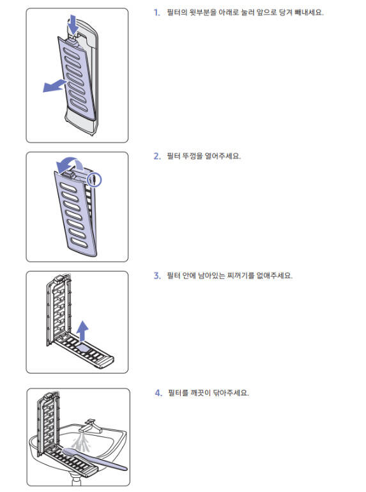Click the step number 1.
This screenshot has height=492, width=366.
pyautogui.click(x=156, y=13)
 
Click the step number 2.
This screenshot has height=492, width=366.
pyautogui.click(x=157, y=156)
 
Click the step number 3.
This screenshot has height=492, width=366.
pyautogui.click(x=157, y=276)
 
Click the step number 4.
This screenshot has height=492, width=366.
pyautogui.click(x=158, y=393)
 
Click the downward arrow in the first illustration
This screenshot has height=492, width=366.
pyautogui.click(x=73, y=24)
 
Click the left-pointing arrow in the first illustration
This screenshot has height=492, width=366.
pyautogui.click(x=55, y=86)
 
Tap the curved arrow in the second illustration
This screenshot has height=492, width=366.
pyautogui.click(x=69, y=164)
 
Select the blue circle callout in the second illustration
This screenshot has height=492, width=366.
pyautogui.click(x=95, y=180)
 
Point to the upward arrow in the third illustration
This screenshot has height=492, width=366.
pyautogui.click(x=82, y=331)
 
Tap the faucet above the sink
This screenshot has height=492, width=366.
pyautogui.click(x=92, y=426)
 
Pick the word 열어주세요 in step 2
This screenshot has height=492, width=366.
pyautogui.click(x=223, y=156)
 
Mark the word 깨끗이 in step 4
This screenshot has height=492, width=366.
pyautogui.click(x=201, y=393)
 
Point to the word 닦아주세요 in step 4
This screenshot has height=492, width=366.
pyautogui.click(x=231, y=393)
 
